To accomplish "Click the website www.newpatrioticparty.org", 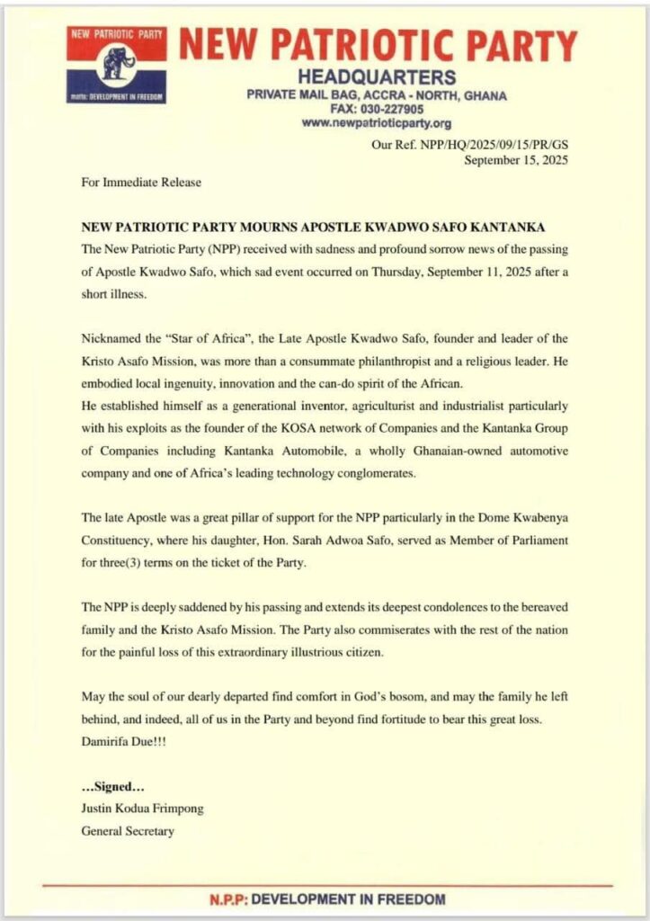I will pyautogui.click(x=377, y=123).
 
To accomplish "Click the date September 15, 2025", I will pyautogui.click(x=516, y=160).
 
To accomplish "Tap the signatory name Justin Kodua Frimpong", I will pyautogui.click(x=142, y=809).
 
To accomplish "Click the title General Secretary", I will pyautogui.click(x=128, y=830).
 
